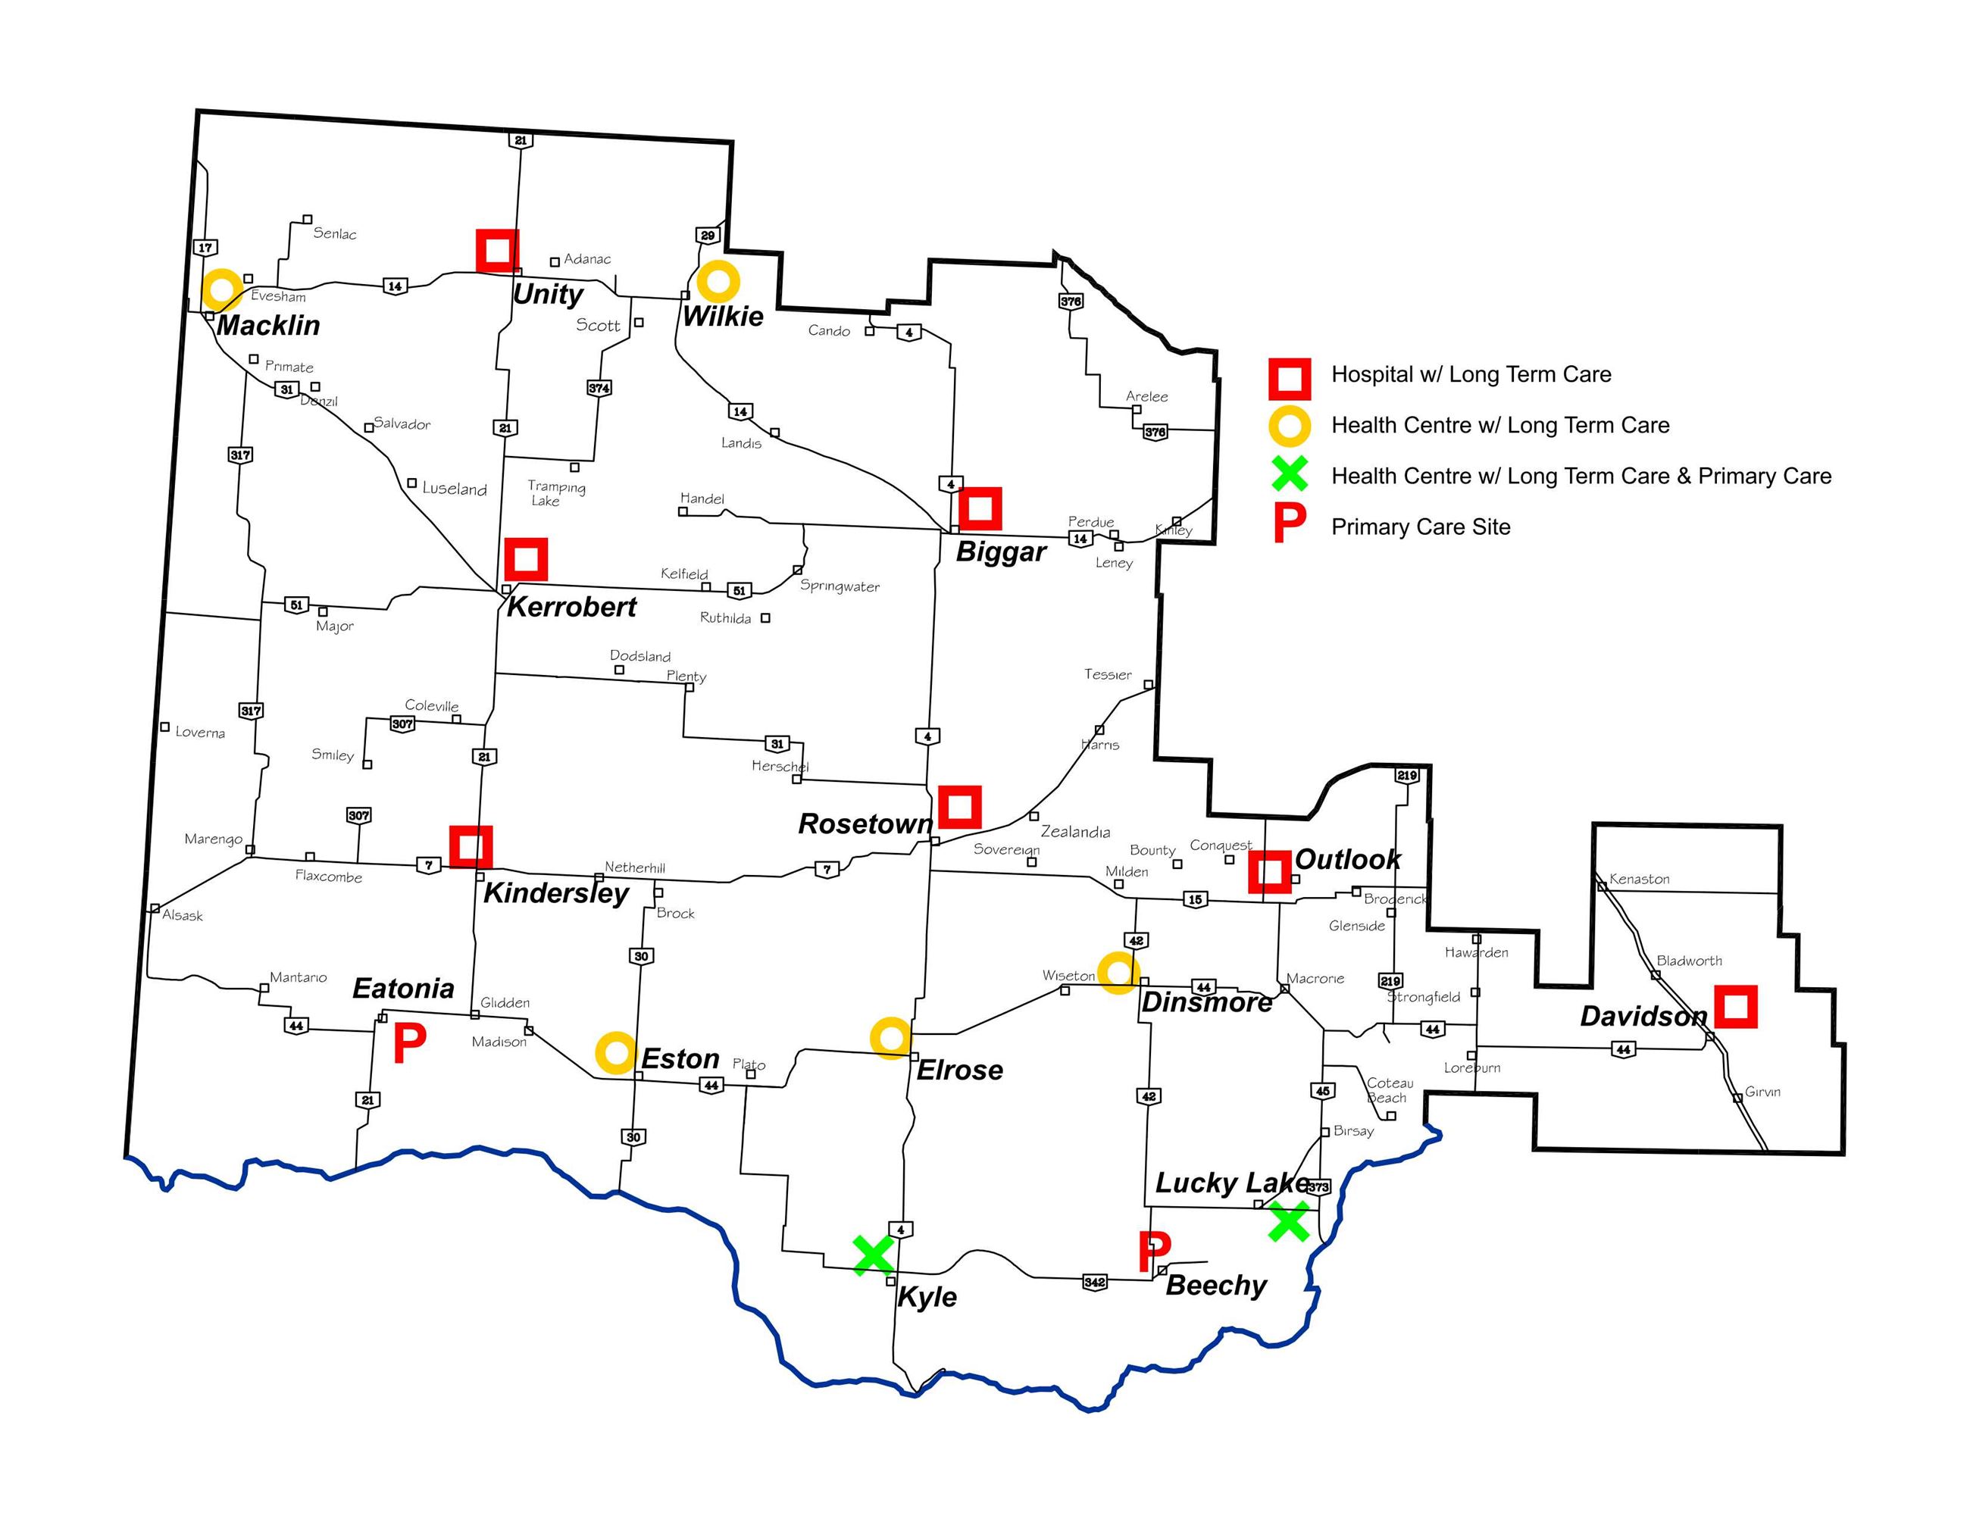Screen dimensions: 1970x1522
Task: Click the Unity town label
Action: (548, 294)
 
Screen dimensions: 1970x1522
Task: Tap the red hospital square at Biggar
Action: (980, 508)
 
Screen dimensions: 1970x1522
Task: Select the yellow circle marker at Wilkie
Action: (718, 281)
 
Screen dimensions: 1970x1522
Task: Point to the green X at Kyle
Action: (873, 1255)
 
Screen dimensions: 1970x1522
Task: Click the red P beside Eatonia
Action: (408, 1044)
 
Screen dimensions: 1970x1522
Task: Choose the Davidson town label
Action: (1643, 1016)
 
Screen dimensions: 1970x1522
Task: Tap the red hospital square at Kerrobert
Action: (526, 559)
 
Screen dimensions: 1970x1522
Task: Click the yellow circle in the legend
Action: (1290, 426)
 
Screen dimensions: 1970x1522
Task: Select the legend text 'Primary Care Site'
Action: (1421, 527)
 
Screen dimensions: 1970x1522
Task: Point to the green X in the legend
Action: (1290, 475)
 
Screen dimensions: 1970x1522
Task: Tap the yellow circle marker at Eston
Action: (615, 1052)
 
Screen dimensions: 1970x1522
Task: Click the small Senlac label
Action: (335, 233)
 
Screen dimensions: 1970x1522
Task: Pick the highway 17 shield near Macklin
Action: (205, 247)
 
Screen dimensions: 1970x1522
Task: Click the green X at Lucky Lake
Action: (1288, 1222)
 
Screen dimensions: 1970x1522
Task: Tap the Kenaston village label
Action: (1639, 879)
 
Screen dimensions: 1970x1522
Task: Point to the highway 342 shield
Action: (1094, 1281)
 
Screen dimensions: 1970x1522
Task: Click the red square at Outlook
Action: (1269, 872)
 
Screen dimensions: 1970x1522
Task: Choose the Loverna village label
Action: (200, 732)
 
